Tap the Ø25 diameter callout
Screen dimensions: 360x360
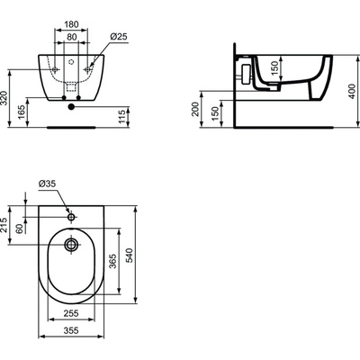coord(124,36)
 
